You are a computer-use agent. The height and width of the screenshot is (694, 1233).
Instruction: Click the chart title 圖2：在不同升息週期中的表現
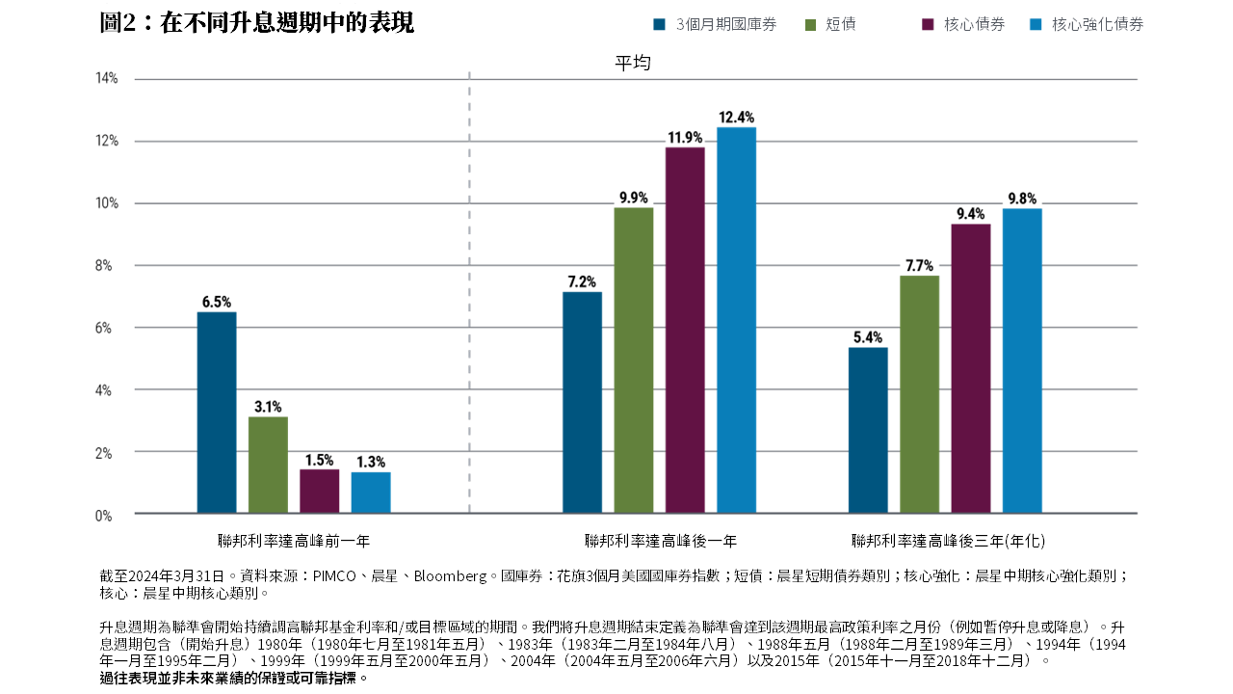coord(257,23)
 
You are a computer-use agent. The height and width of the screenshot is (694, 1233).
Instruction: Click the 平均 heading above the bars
coord(633,64)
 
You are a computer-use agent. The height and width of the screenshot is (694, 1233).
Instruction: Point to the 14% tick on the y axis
coord(106,79)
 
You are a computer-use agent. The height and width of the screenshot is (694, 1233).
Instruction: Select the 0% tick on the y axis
coord(103,516)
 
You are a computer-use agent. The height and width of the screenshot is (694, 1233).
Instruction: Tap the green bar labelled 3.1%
coord(268,465)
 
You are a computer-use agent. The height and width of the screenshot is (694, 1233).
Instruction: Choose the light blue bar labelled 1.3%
coord(371,493)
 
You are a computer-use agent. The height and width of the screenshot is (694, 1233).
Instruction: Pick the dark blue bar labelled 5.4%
coord(868,430)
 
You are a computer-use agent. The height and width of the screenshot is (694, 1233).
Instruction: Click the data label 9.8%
coord(1022,199)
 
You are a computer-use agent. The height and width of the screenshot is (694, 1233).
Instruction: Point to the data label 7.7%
coord(919,265)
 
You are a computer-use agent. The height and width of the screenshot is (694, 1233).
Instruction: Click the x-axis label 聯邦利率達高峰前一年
coord(294,541)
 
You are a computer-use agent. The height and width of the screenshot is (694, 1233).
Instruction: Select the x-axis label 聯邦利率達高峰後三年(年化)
coord(948,541)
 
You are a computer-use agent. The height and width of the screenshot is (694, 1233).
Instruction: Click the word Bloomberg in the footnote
coord(450,576)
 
